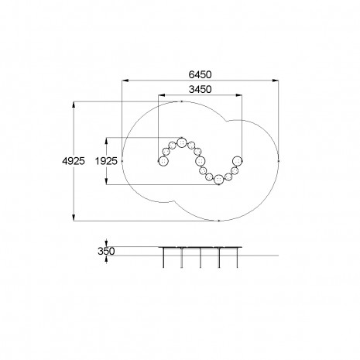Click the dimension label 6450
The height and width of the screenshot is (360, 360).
[x=200, y=75]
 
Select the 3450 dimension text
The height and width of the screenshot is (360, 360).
[x=200, y=90]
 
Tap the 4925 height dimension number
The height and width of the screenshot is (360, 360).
[x=74, y=161]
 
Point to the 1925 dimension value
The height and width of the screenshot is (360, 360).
[x=106, y=161]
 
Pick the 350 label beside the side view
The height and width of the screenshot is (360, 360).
[x=106, y=251]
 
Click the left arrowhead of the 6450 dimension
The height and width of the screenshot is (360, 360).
[x=125, y=81]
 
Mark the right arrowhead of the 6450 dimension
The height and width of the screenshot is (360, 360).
[x=276, y=81]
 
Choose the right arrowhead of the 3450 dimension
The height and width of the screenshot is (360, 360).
[x=239, y=95]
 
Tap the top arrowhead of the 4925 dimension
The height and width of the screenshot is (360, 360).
[x=74, y=105]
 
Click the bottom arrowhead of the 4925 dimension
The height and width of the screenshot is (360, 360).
[x=74, y=218]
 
